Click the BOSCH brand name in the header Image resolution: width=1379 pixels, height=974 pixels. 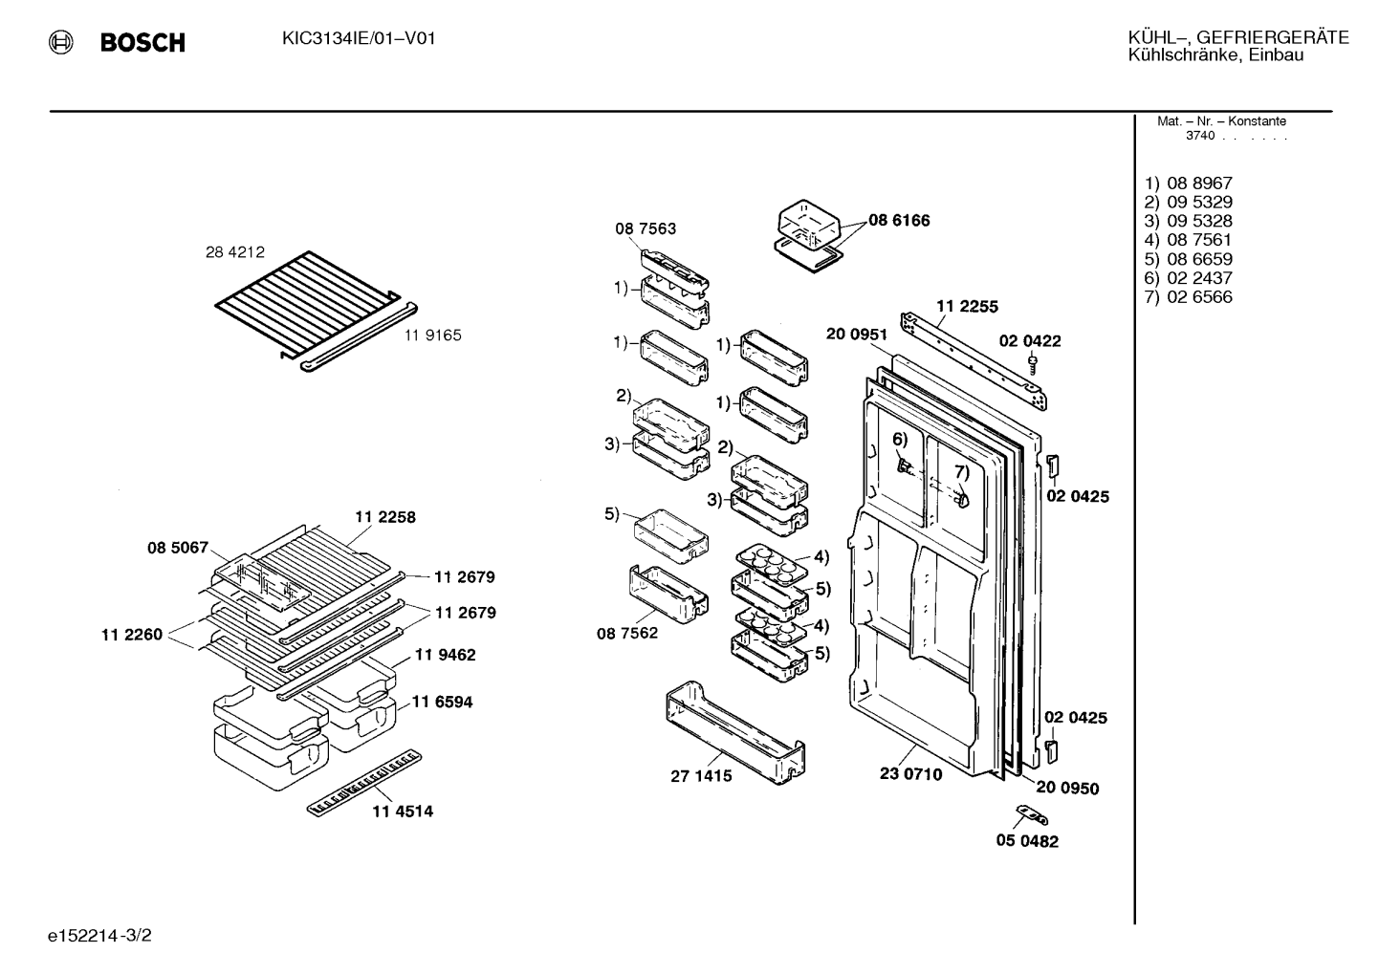coord(142,42)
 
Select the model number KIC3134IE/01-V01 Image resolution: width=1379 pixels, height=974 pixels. coord(359,39)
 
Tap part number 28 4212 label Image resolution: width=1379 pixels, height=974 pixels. coord(235,251)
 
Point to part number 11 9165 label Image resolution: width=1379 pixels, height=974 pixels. coord(433,335)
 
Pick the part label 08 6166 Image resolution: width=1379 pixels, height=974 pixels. coord(899,220)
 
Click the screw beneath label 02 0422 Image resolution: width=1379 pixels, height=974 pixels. coord(1033,365)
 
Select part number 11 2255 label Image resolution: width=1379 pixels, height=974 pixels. coord(967,307)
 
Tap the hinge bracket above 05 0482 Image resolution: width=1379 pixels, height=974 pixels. coord(1031,815)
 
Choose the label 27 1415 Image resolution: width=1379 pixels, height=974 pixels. coord(701,776)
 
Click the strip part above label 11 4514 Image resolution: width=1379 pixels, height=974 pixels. coord(364,783)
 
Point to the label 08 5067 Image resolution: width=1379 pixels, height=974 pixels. coord(178,548)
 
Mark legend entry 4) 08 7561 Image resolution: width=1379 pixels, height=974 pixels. coord(1188,240)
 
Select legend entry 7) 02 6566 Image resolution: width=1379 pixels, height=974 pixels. coord(1188,297)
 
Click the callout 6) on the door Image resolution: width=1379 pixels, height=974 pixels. coord(900,440)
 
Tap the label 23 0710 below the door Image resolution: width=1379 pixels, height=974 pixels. coord(910,774)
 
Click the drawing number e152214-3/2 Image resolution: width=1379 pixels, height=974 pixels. coord(99,936)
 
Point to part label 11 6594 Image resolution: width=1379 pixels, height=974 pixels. coord(442,702)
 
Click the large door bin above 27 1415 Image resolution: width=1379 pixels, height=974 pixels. coord(735,732)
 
